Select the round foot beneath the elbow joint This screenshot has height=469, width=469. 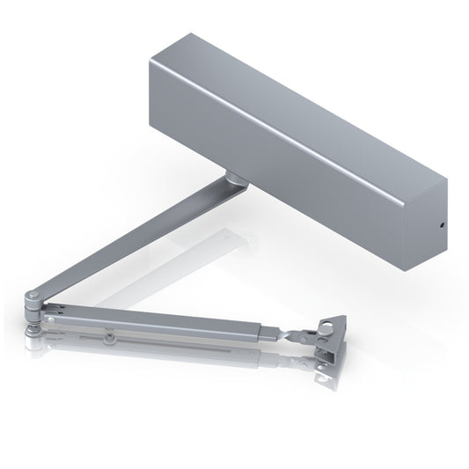[35, 328]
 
